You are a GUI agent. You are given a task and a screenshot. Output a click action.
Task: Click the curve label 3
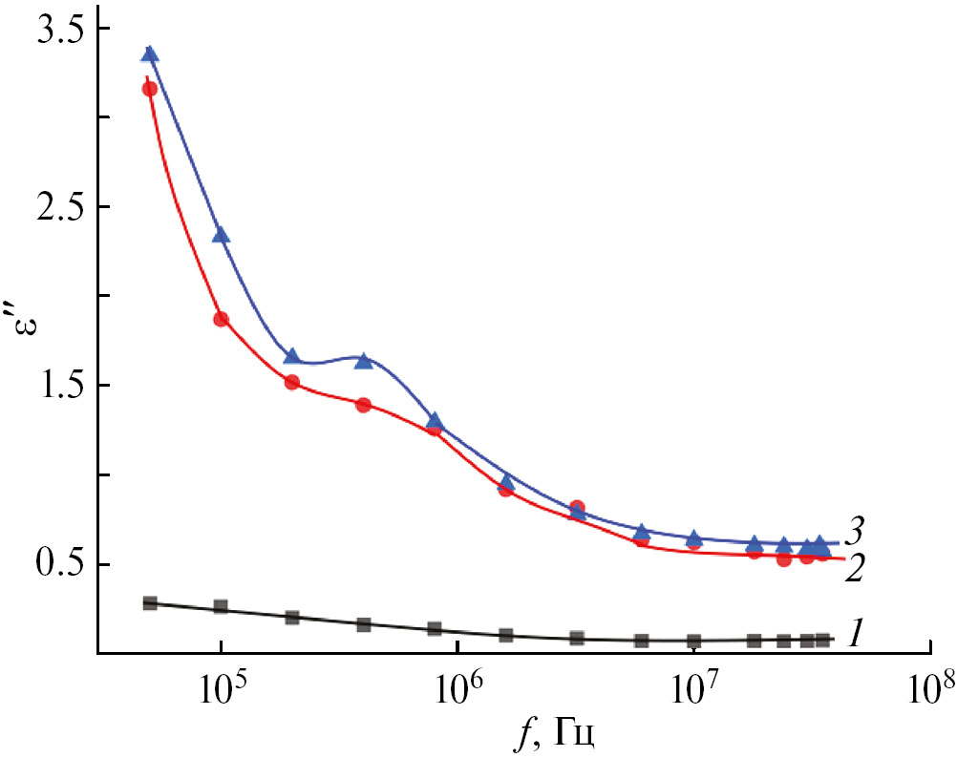857,528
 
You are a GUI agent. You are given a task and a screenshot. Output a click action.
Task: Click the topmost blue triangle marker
150,54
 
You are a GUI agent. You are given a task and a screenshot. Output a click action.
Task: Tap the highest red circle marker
150,89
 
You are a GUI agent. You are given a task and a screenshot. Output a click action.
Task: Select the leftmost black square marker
150,603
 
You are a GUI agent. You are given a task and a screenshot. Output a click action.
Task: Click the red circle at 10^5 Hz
221,319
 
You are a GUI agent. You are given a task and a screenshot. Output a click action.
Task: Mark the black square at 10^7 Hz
694,641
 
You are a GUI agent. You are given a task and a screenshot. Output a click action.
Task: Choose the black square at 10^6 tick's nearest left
435,629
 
